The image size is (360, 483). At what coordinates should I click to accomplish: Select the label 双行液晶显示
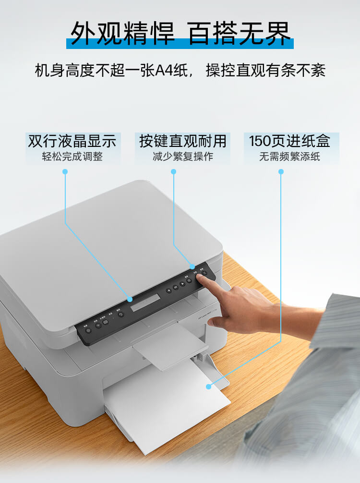[x=72, y=141]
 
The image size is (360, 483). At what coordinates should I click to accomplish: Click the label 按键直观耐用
[x=182, y=141]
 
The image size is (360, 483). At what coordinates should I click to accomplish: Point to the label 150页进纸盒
[x=290, y=141]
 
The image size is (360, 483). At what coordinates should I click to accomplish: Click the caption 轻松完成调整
[x=72, y=157]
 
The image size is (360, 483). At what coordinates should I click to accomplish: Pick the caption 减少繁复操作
[x=182, y=157]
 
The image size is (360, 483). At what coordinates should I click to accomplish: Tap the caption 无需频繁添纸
[x=290, y=157]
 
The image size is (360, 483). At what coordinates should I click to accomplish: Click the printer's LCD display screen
[x=146, y=302]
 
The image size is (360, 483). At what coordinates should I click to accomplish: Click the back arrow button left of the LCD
[x=121, y=315]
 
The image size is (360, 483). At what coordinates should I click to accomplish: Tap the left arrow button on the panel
[x=169, y=290]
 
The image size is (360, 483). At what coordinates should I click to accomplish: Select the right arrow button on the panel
[x=183, y=284]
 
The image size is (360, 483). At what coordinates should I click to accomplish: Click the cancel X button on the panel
[x=204, y=274]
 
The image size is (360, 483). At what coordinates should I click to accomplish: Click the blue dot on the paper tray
[x=208, y=386]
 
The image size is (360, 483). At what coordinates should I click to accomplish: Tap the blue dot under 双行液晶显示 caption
[x=65, y=171]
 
